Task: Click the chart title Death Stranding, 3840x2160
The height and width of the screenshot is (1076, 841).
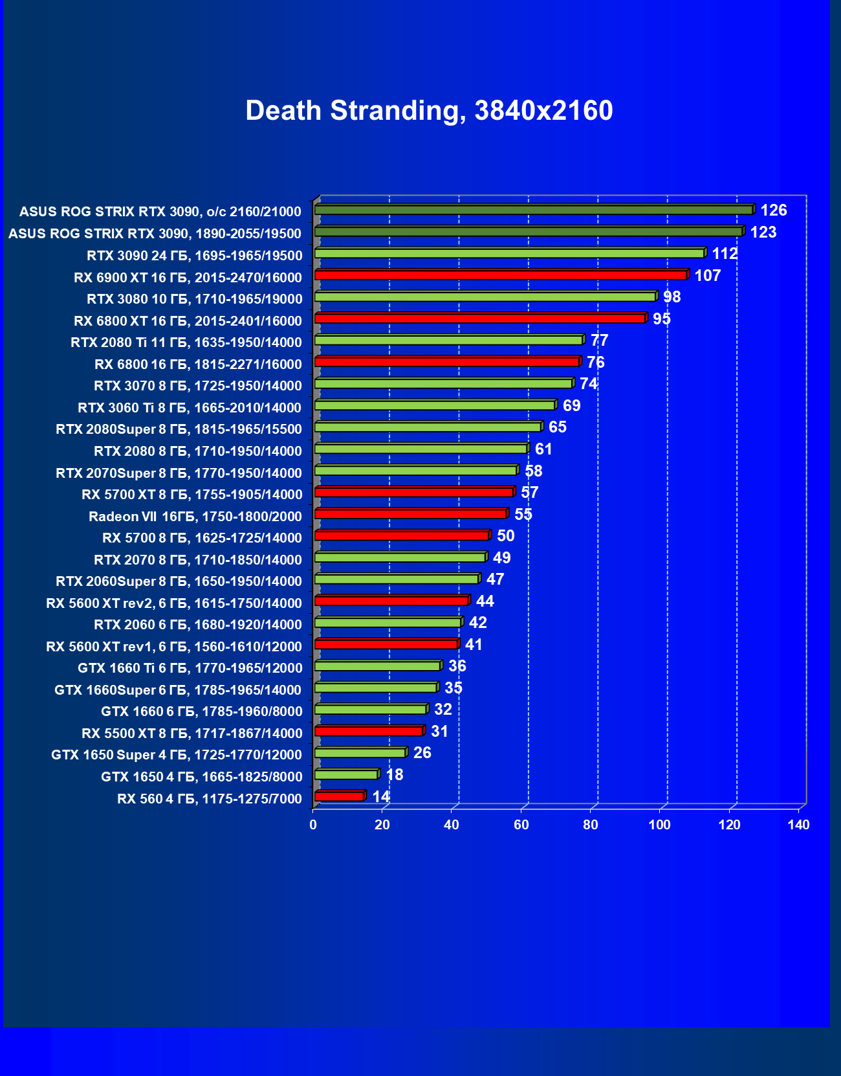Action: (429, 111)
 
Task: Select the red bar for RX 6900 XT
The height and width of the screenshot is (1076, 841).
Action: (501, 275)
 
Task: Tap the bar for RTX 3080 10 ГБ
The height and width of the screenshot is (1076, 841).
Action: (485, 297)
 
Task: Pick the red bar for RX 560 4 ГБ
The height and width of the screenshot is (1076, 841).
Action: (340, 796)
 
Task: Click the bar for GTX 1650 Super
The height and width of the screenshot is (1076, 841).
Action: (360, 753)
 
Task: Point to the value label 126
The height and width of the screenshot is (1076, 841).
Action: (774, 210)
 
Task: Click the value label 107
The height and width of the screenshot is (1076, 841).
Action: (707, 276)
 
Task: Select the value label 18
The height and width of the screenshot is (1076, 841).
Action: (394, 775)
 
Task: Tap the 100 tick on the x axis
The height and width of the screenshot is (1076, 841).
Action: (660, 825)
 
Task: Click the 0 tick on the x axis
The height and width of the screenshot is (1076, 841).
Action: (313, 825)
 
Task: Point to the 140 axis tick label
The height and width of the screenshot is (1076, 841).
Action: (799, 825)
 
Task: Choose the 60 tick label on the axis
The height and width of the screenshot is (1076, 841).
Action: (521, 825)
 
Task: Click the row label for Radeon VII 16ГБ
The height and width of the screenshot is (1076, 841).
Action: (195, 517)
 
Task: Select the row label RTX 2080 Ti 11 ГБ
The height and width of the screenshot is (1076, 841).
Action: (186, 342)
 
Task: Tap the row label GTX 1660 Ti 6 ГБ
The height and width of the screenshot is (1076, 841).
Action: (190, 668)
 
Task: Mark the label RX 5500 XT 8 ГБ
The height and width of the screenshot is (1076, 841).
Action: (191, 734)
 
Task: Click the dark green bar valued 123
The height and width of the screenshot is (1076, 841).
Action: (528, 232)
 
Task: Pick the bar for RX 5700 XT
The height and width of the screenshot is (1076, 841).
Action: (414, 493)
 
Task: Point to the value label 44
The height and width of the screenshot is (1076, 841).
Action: (485, 601)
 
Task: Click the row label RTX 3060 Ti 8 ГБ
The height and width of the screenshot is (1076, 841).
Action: (190, 408)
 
